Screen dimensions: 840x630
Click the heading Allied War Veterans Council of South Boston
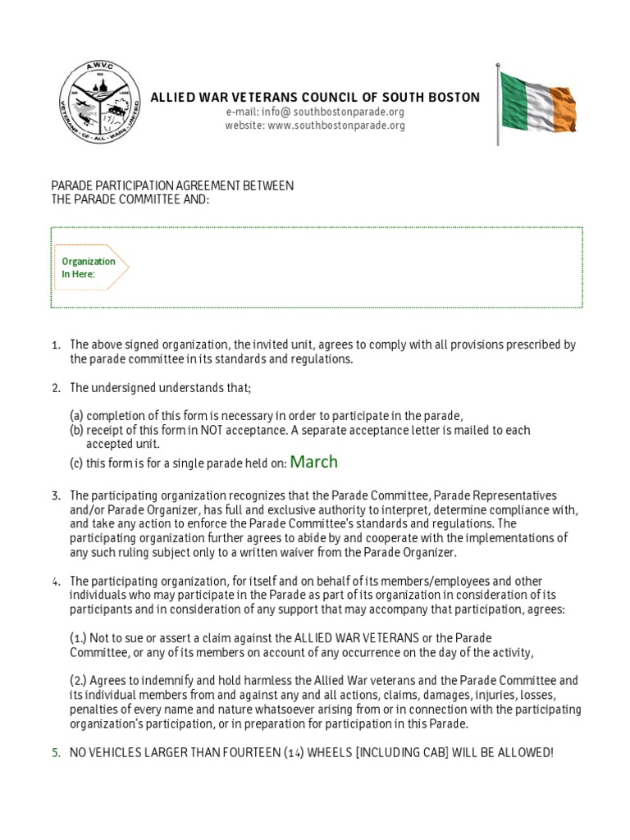[x=315, y=98]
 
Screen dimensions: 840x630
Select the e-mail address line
[x=315, y=112]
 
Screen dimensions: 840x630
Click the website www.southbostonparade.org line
[x=315, y=126]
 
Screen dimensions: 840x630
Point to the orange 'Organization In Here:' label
[x=89, y=267]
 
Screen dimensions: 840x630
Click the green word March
[x=314, y=462]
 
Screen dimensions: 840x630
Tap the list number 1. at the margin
[x=56, y=345]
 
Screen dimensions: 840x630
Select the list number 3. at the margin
[x=56, y=495]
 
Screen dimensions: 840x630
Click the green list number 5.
[x=56, y=752]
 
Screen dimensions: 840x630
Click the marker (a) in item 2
[x=77, y=415]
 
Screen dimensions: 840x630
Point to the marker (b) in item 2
[x=77, y=430]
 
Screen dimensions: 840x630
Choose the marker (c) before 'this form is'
[x=76, y=463]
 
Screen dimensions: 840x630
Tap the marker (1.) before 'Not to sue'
[x=79, y=637]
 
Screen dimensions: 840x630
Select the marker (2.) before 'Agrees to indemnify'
[x=79, y=681]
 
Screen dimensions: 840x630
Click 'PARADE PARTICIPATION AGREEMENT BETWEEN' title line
[x=172, y=186]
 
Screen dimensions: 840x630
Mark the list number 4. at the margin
[x=56, y=582]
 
